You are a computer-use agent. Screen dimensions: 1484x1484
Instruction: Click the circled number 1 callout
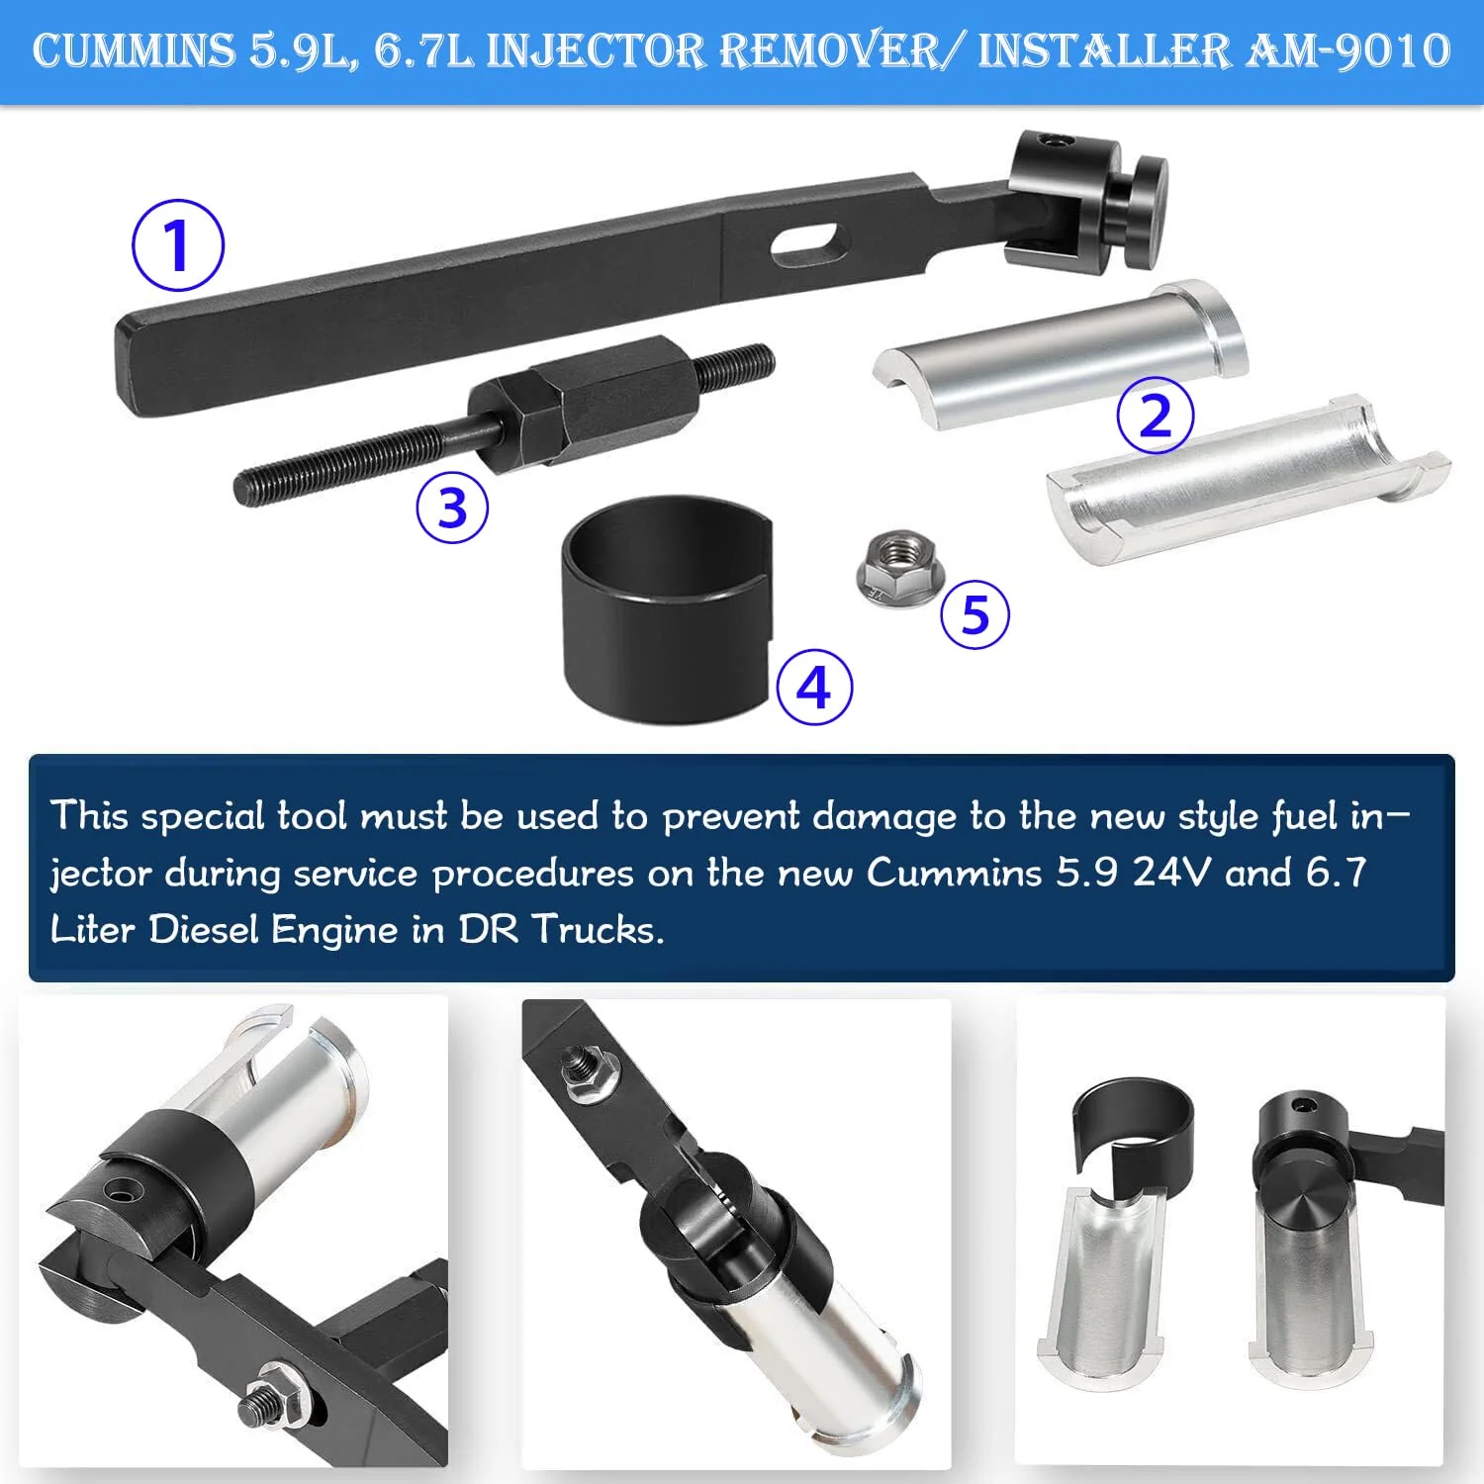click(178, 245)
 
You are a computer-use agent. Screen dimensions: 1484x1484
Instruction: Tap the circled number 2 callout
click(1156, 415)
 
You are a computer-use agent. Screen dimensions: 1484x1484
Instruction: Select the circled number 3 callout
click(452, 508)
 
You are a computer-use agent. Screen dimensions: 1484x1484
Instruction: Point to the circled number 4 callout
click(814, 687)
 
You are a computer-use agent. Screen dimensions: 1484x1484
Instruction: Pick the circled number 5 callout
click(975, 614)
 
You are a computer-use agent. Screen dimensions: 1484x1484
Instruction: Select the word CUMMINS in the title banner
click(134, 50)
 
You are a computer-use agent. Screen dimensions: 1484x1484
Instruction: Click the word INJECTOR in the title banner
click(596, 52)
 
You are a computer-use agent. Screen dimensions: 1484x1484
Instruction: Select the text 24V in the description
click(1171, 873)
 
